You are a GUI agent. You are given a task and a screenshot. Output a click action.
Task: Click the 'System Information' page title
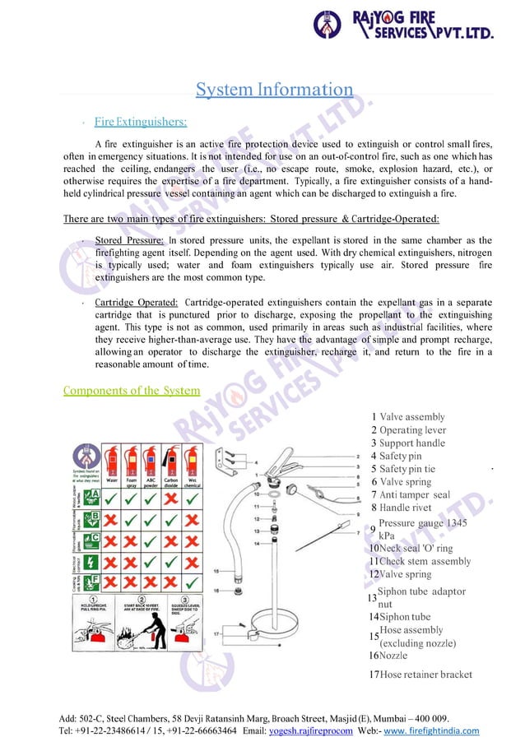274,89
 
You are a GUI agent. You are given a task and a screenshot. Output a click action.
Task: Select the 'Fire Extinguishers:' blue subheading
140,122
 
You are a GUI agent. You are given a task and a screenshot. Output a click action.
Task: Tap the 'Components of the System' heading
131,390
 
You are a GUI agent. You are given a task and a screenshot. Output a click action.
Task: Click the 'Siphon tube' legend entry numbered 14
404,617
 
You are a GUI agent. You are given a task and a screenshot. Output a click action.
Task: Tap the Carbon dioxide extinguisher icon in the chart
173,461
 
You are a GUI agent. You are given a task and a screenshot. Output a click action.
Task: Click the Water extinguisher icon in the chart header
111,461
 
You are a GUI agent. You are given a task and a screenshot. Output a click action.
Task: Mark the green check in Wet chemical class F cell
191,582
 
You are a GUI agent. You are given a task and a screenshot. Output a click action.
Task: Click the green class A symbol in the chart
94,497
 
